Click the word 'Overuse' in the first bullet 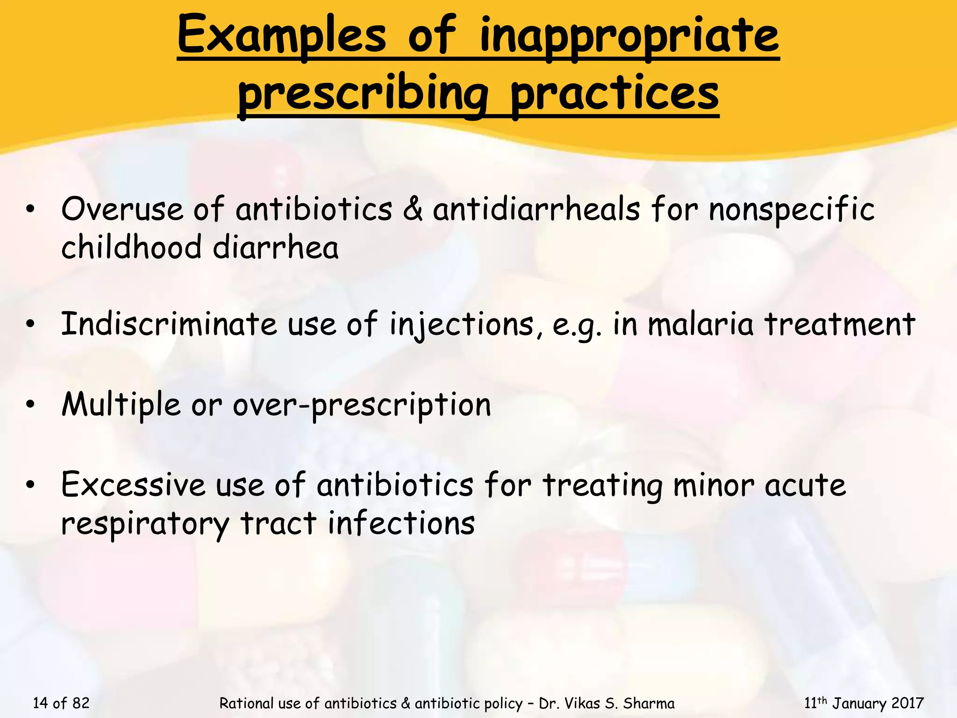click(122, 209)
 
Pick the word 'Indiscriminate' click(169, 324)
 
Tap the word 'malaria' click(700, 324)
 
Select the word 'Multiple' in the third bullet click(121, 404)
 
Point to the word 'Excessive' click(133, 485)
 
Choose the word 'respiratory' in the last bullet click(145, 524)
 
